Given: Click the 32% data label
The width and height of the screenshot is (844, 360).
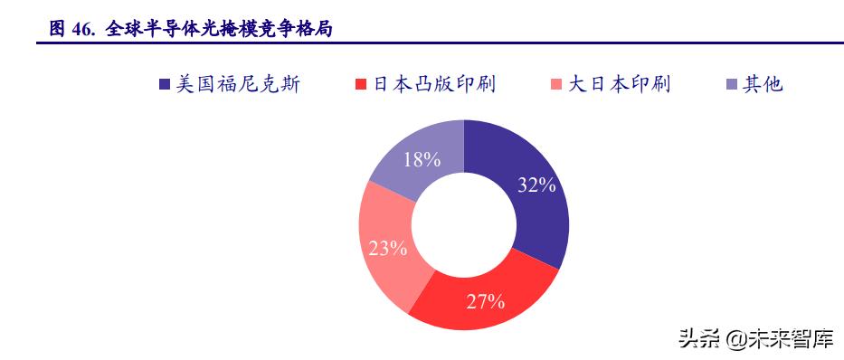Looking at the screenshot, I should tap(536, 185).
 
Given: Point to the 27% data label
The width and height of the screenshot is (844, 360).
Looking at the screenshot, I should tap(485, 302).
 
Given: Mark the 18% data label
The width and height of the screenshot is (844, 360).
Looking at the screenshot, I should tap(422, 160).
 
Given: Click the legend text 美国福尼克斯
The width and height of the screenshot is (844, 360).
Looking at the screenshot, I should tap(238, 85).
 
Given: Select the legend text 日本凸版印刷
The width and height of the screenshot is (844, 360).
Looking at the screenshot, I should tap(434, 85).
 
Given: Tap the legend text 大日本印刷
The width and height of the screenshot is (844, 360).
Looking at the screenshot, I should tap(619, 85).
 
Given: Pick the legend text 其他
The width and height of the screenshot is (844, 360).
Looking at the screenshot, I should tap(763, 85).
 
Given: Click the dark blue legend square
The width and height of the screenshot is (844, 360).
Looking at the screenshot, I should tap(164, 85).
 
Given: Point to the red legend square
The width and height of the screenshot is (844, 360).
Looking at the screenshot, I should tap(361, 85).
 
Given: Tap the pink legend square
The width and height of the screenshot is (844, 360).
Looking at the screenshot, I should tap(556, 85).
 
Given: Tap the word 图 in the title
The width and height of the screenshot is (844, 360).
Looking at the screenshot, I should tap(56, 29).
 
